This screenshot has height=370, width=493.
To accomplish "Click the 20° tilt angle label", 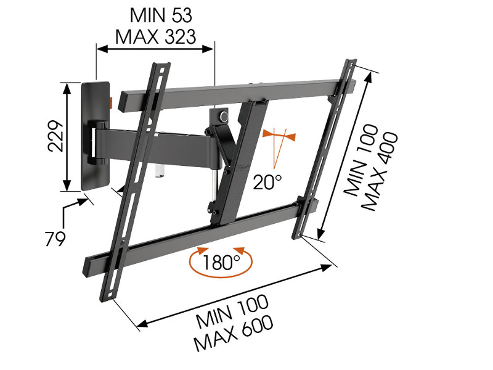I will click(x=267, y=181).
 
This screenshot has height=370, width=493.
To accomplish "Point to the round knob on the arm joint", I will click(x=221, y=115).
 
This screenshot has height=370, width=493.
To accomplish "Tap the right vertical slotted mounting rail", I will click(x=327, y=148).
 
